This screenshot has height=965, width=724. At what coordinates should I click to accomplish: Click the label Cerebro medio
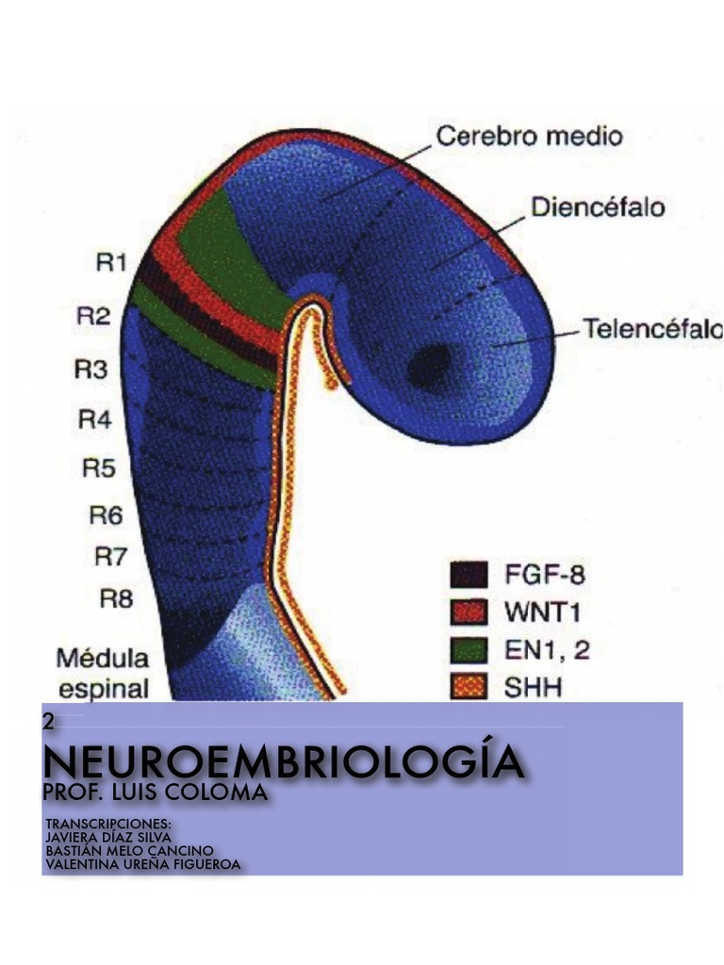tap(529, 135)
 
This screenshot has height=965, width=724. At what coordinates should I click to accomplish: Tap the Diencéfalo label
tap(598, 206)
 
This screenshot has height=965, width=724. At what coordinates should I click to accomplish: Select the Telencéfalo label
tap(651, 329)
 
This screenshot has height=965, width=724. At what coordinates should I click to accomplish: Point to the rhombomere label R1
tap(111, 263)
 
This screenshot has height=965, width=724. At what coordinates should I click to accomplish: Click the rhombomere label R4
tap(94, 419)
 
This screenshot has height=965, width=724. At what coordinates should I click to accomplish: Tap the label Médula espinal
tap(103, 671)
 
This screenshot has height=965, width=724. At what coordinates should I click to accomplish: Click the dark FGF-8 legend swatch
tap(469, 574)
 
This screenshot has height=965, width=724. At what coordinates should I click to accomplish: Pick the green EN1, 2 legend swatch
tap(469, 650)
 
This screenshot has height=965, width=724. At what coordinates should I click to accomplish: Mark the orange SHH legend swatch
tap(469, 688)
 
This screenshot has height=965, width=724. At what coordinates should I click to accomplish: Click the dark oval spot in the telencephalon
tap(429, 365)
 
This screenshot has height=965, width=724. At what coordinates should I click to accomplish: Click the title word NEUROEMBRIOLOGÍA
tap(283, 761)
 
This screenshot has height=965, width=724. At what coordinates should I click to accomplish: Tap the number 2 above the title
tap(48, 723)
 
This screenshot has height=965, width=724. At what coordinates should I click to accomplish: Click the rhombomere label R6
tap(106, 515)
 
